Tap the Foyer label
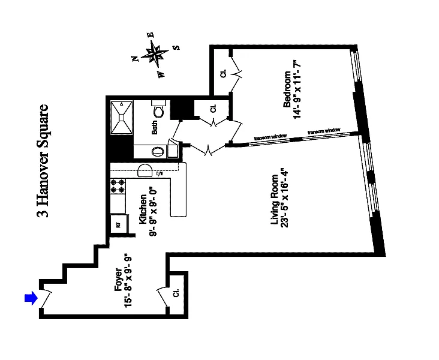point(118,282)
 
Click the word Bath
point(154,128)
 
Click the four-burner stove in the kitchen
point(118,185)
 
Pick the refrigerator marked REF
point(118,226)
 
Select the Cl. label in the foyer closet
point(176,294)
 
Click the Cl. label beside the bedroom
point(222,74)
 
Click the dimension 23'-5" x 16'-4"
point(285,206)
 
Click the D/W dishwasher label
point(160,175)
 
